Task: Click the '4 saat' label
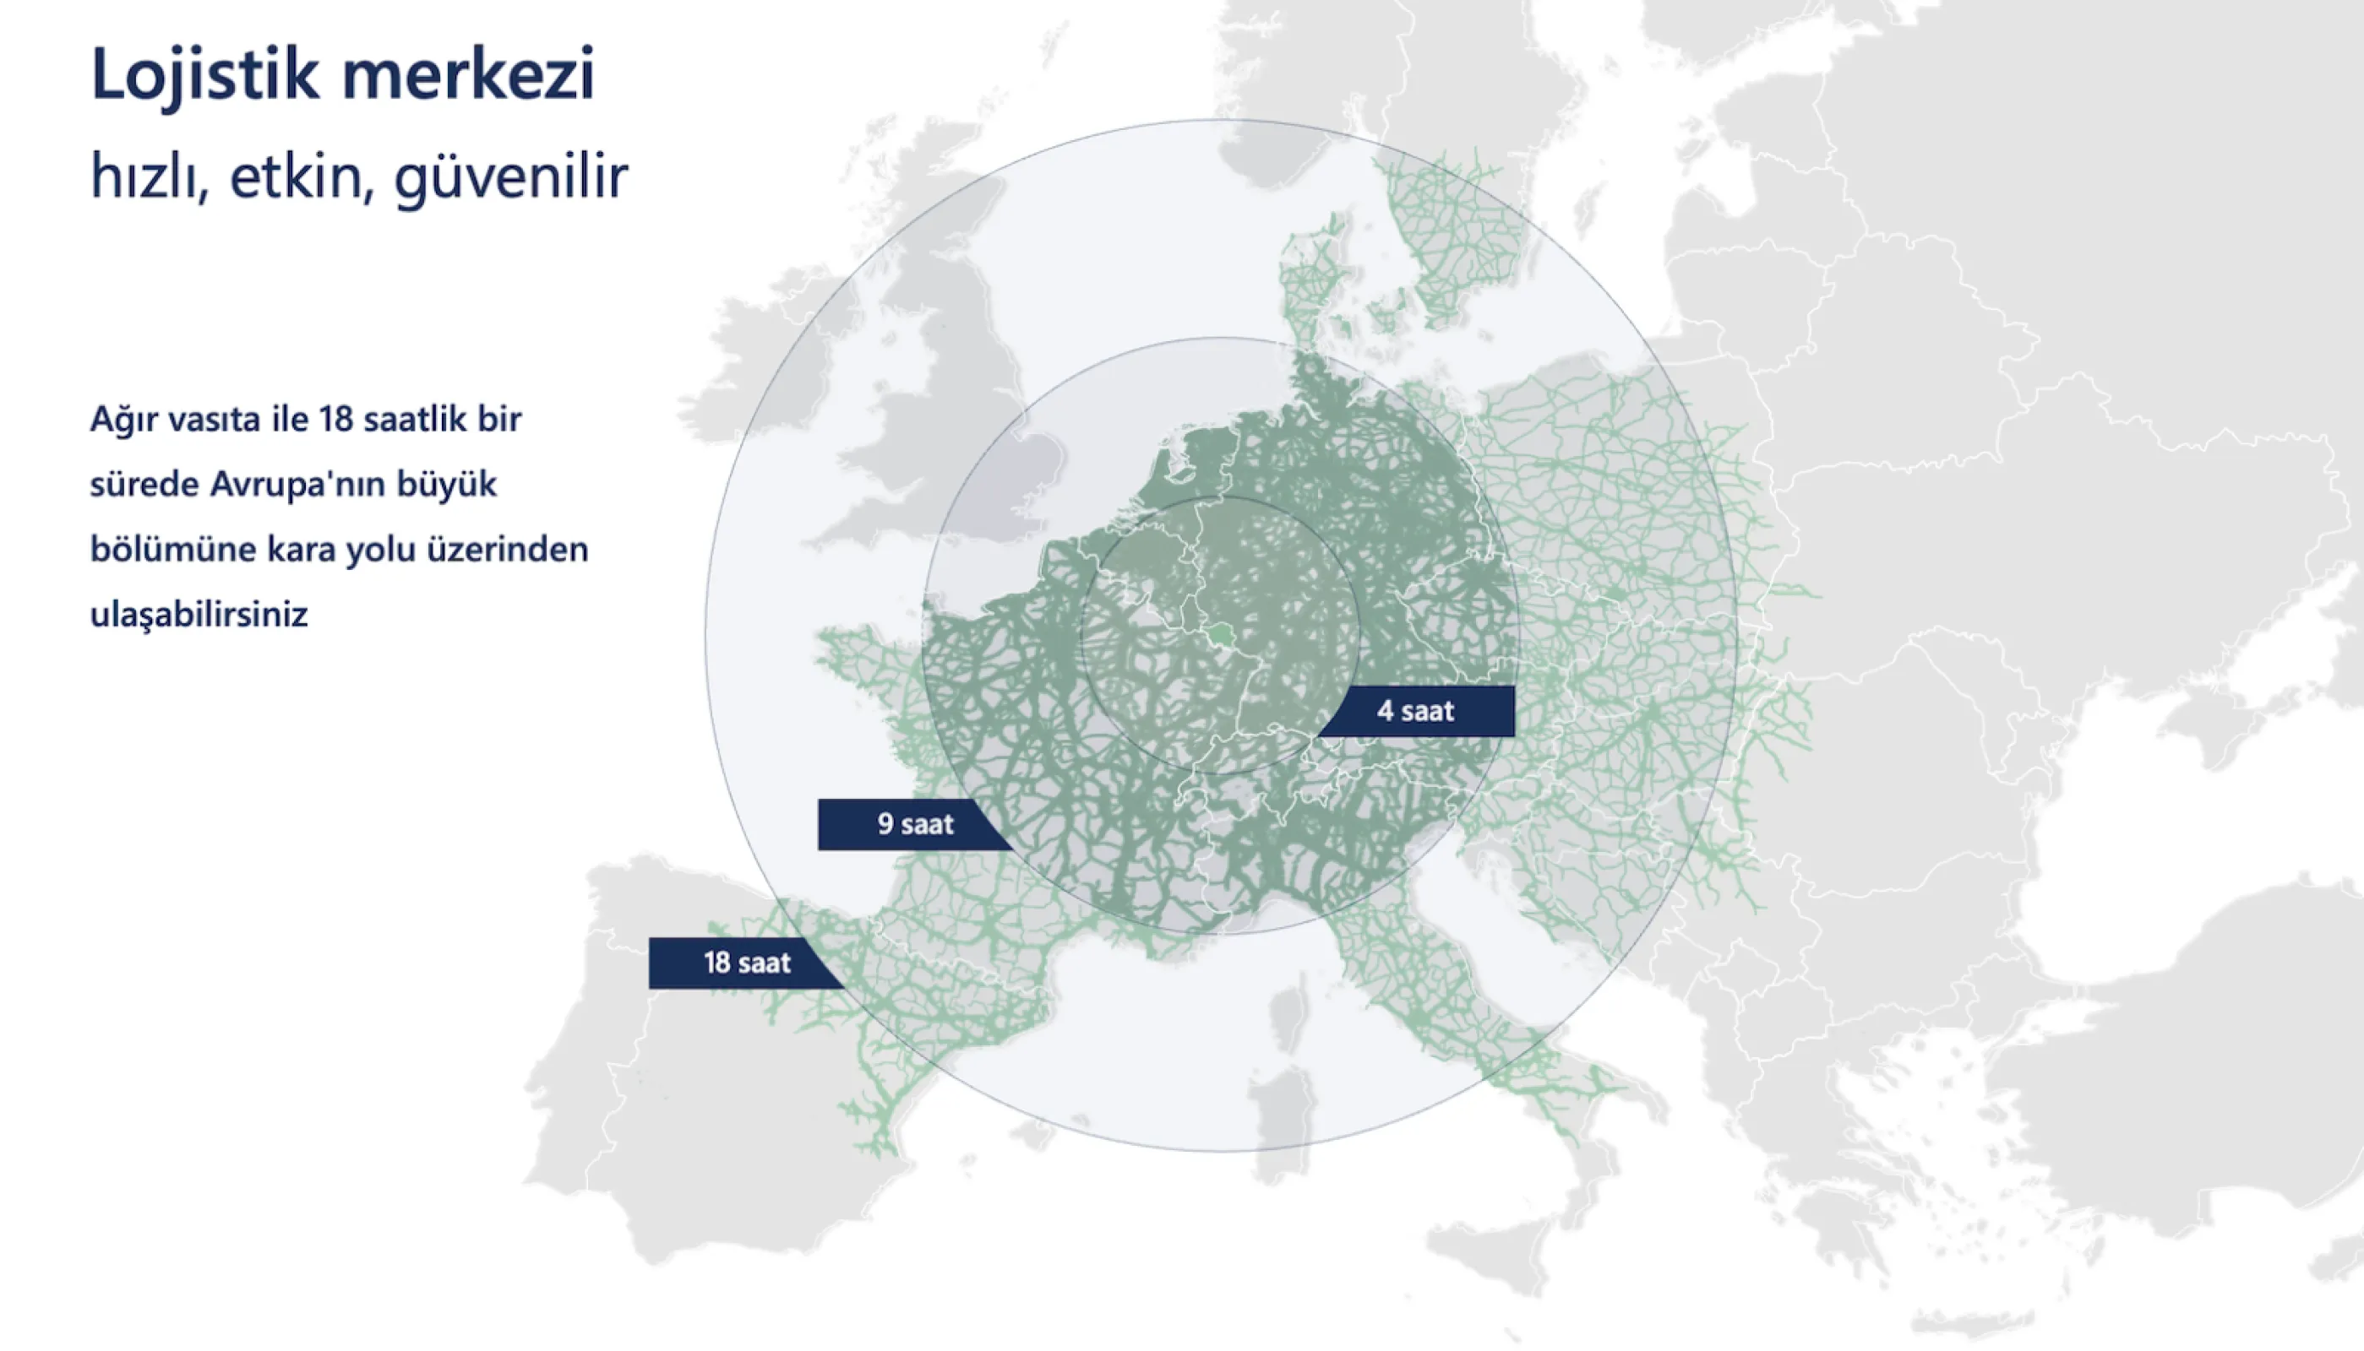1415,712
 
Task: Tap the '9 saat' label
915,824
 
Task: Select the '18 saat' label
747,963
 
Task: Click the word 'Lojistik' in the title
205,74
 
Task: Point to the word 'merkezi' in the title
468,74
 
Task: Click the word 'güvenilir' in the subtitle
511,176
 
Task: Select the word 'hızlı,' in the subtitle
150,176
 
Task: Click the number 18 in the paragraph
336,420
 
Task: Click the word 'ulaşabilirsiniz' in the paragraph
199,614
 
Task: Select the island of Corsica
1288,1019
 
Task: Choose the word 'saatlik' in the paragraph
417,420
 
